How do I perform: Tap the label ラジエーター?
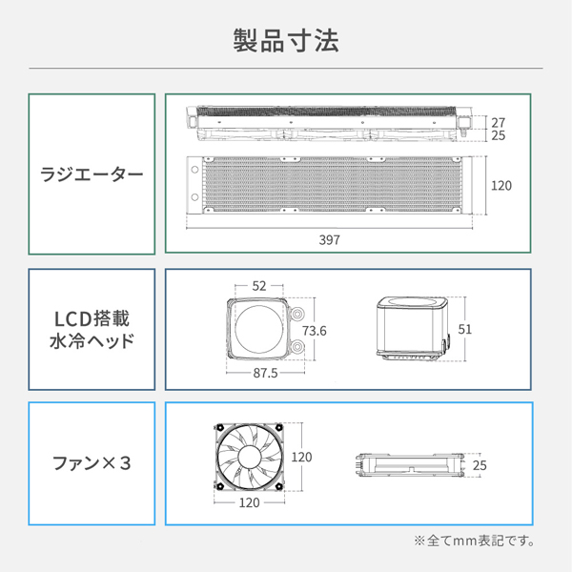click(92, 175)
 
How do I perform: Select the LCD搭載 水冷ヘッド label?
click(92, 329)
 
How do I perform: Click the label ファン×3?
click(92, 464)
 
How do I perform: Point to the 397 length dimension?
click(329, 239)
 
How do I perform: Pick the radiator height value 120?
click(501, 185)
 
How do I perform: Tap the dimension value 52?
click(260, 286)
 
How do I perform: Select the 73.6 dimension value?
click(315, 331)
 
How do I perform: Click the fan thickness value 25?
click(480, 465)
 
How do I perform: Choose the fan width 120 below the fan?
click(248, 502)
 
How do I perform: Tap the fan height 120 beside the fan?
click(301, 457)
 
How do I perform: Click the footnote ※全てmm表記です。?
click(474, 541)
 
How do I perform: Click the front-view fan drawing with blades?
click(248, 457)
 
